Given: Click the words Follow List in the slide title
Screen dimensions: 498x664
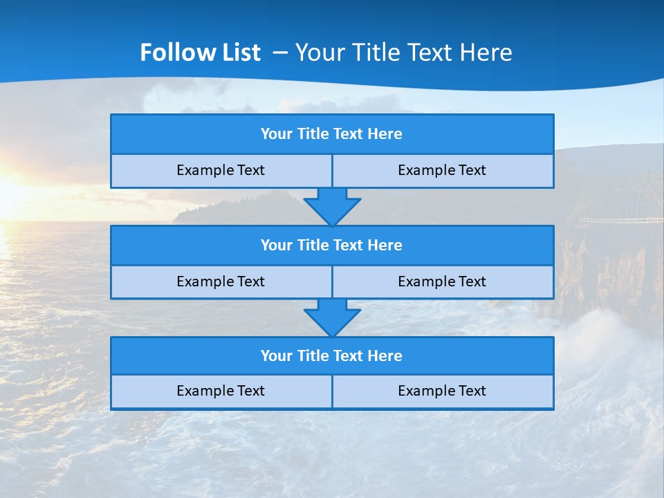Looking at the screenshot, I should pyautogui.click(x=200, y=53).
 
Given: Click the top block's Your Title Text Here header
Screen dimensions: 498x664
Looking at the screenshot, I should pyautogui.click(x=331, y=134).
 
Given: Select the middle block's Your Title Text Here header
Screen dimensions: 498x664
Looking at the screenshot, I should pyautogui.click(x=331, y=246).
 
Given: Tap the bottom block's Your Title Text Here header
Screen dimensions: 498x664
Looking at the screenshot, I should pyautogui.click(x=331, y=356).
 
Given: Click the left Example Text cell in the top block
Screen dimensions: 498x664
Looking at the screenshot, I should pyautogui.click(x=221, y=171).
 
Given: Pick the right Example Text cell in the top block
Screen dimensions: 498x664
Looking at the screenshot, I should pyautogui.click(x=442, y=171).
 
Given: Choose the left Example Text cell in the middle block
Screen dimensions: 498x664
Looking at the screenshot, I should pyautogui.click(x=221, y=282).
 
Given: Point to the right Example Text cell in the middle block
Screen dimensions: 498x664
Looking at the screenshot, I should pyautogui.click(x=442, y=282).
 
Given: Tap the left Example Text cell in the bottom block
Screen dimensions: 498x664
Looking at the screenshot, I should pyautogui.click(x=221, y=391).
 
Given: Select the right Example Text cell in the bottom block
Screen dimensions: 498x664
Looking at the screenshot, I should pyautogui.click(x=442, y=391).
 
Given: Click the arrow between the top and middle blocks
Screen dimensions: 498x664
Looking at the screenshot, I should pyautogui.click(x=332, y=207).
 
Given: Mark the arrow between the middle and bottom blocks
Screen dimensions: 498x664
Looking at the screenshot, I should pyautogui.click(x=332, y=318).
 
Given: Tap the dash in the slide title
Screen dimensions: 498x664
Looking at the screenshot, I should pyautogui.click(x=280, y=53).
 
